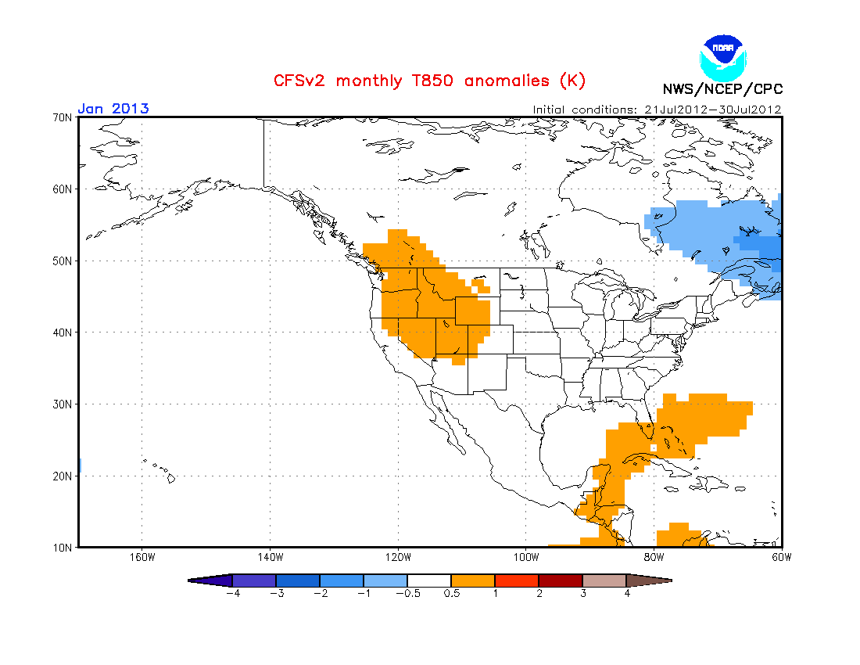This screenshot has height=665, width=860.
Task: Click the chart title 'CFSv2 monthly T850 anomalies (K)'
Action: [x=428, y=81]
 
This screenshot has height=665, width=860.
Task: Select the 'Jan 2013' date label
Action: [x=113, y=109]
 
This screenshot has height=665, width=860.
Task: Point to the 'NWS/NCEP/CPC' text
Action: [x=722, y=89]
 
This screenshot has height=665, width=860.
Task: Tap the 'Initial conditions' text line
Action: [x=657, y=110]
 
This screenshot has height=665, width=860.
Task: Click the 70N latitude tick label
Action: [x=63, y=117]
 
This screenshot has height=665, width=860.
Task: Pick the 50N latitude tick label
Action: [x=63, y=261]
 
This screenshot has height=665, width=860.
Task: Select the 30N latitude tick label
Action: [x=63, y=404]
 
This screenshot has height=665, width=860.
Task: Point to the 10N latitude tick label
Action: [x=63, y=547]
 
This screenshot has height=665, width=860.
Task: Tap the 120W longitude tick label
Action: [x=398, y=558]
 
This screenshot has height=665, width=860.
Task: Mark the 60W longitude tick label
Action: [x=781, y=558]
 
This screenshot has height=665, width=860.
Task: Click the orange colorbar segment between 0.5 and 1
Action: [x=473, y=581]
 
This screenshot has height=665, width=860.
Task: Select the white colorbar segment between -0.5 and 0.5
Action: [x=429, y=581]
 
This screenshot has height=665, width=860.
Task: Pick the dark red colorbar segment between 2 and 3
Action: [x=561, y=581]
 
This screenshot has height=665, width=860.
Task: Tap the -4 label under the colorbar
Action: [x=231, y=594]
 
